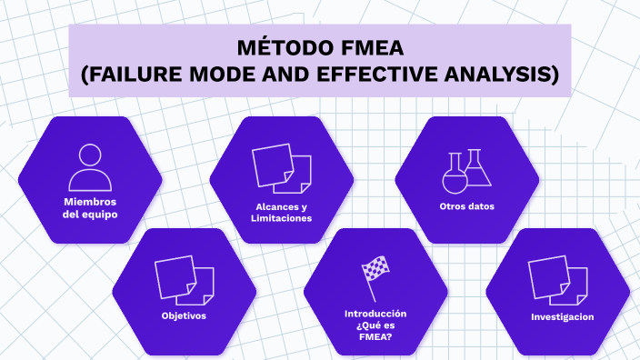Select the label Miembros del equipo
pos(90,208)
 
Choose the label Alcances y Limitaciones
pos(281,212)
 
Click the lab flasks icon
pos(466,171)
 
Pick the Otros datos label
pos(466,206)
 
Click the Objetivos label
pos(184,316)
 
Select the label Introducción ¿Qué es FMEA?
pos(375,324)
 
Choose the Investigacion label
pos(562,316)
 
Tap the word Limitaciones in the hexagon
pos(281,218)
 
